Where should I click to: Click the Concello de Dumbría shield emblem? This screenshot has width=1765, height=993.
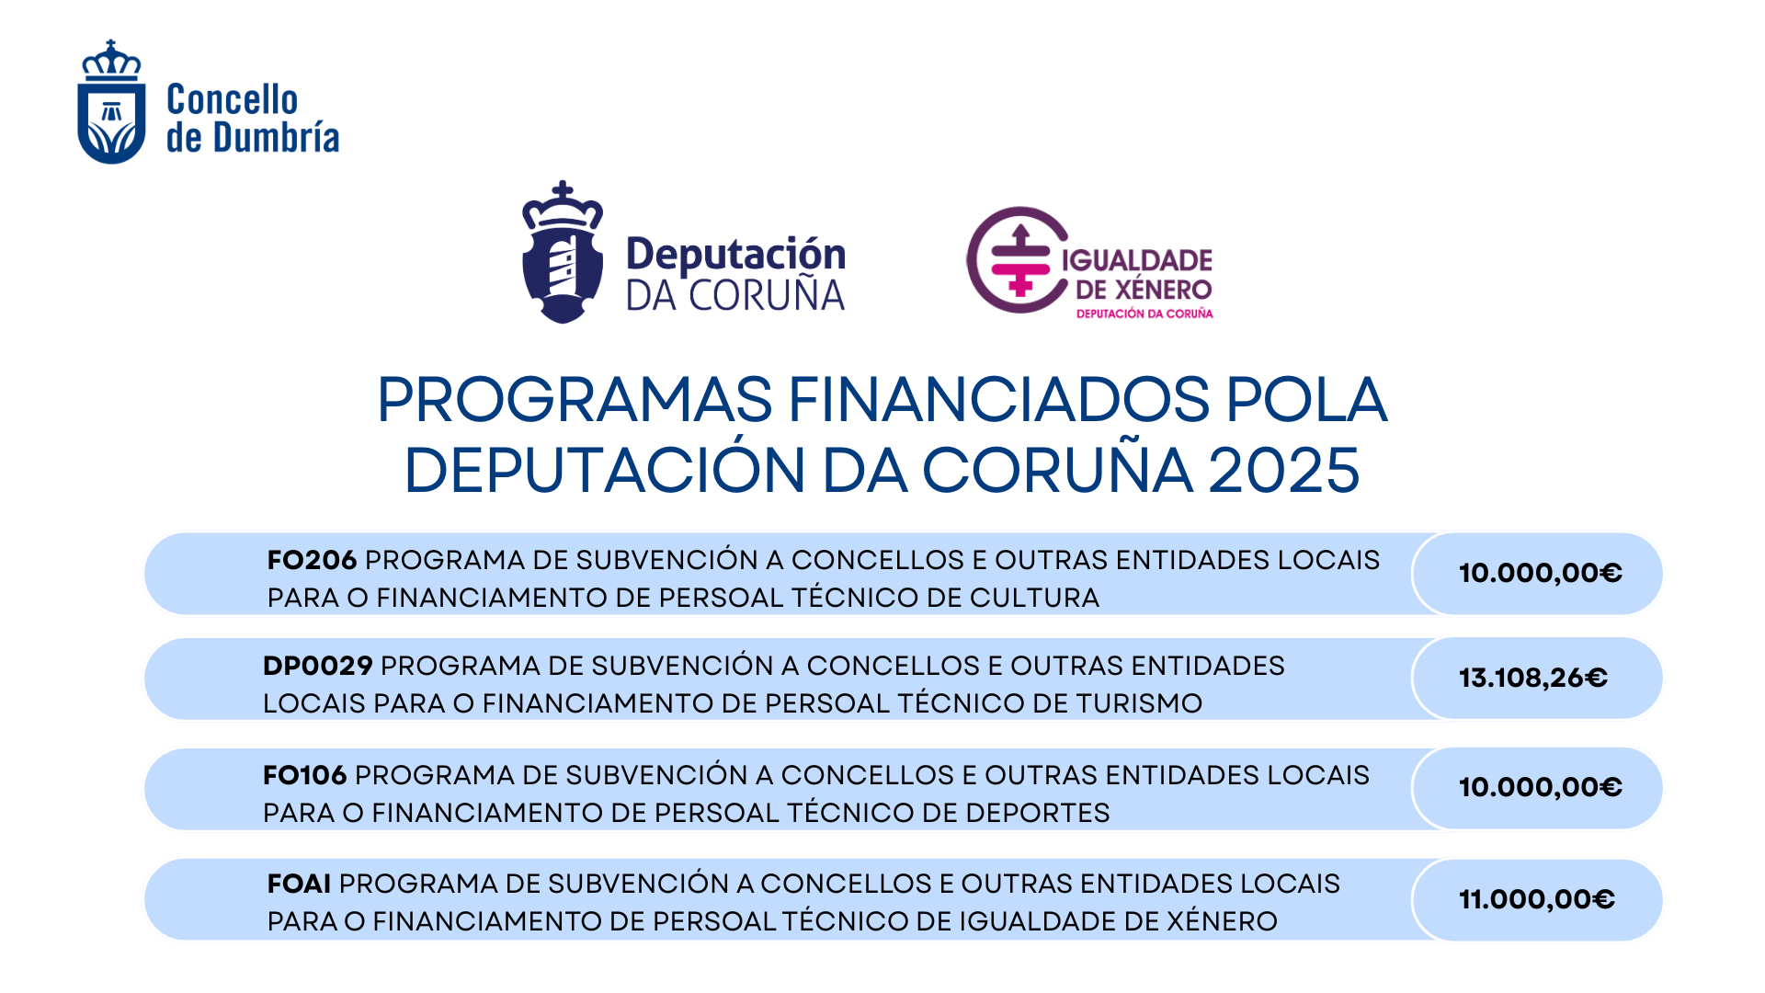tap(111, 102)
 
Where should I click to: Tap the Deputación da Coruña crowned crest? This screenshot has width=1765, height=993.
tap(563, 252)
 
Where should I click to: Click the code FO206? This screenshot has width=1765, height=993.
tap(312, 560)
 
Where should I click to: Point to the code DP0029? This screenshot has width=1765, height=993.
tap(318, 666)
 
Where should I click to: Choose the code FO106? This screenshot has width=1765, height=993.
tap(305, 775)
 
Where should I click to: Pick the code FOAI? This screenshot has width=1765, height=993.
tap(299, 884)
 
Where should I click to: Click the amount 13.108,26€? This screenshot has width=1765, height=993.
tap(1533, 679)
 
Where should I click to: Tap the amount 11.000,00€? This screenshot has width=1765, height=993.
tap(1537, 899)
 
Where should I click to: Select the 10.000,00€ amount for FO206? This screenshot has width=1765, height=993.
tap(1541, 573)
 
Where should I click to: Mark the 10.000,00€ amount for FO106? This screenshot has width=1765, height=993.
tap(1541, 787)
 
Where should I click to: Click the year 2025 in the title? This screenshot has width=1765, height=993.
tap(1283, 470)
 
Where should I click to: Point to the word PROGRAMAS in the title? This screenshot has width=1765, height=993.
tap(575, 399)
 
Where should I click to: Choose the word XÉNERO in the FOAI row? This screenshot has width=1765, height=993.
tap(1222, 921)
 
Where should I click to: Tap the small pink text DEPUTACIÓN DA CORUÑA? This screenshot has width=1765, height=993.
tap(1144, 314)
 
